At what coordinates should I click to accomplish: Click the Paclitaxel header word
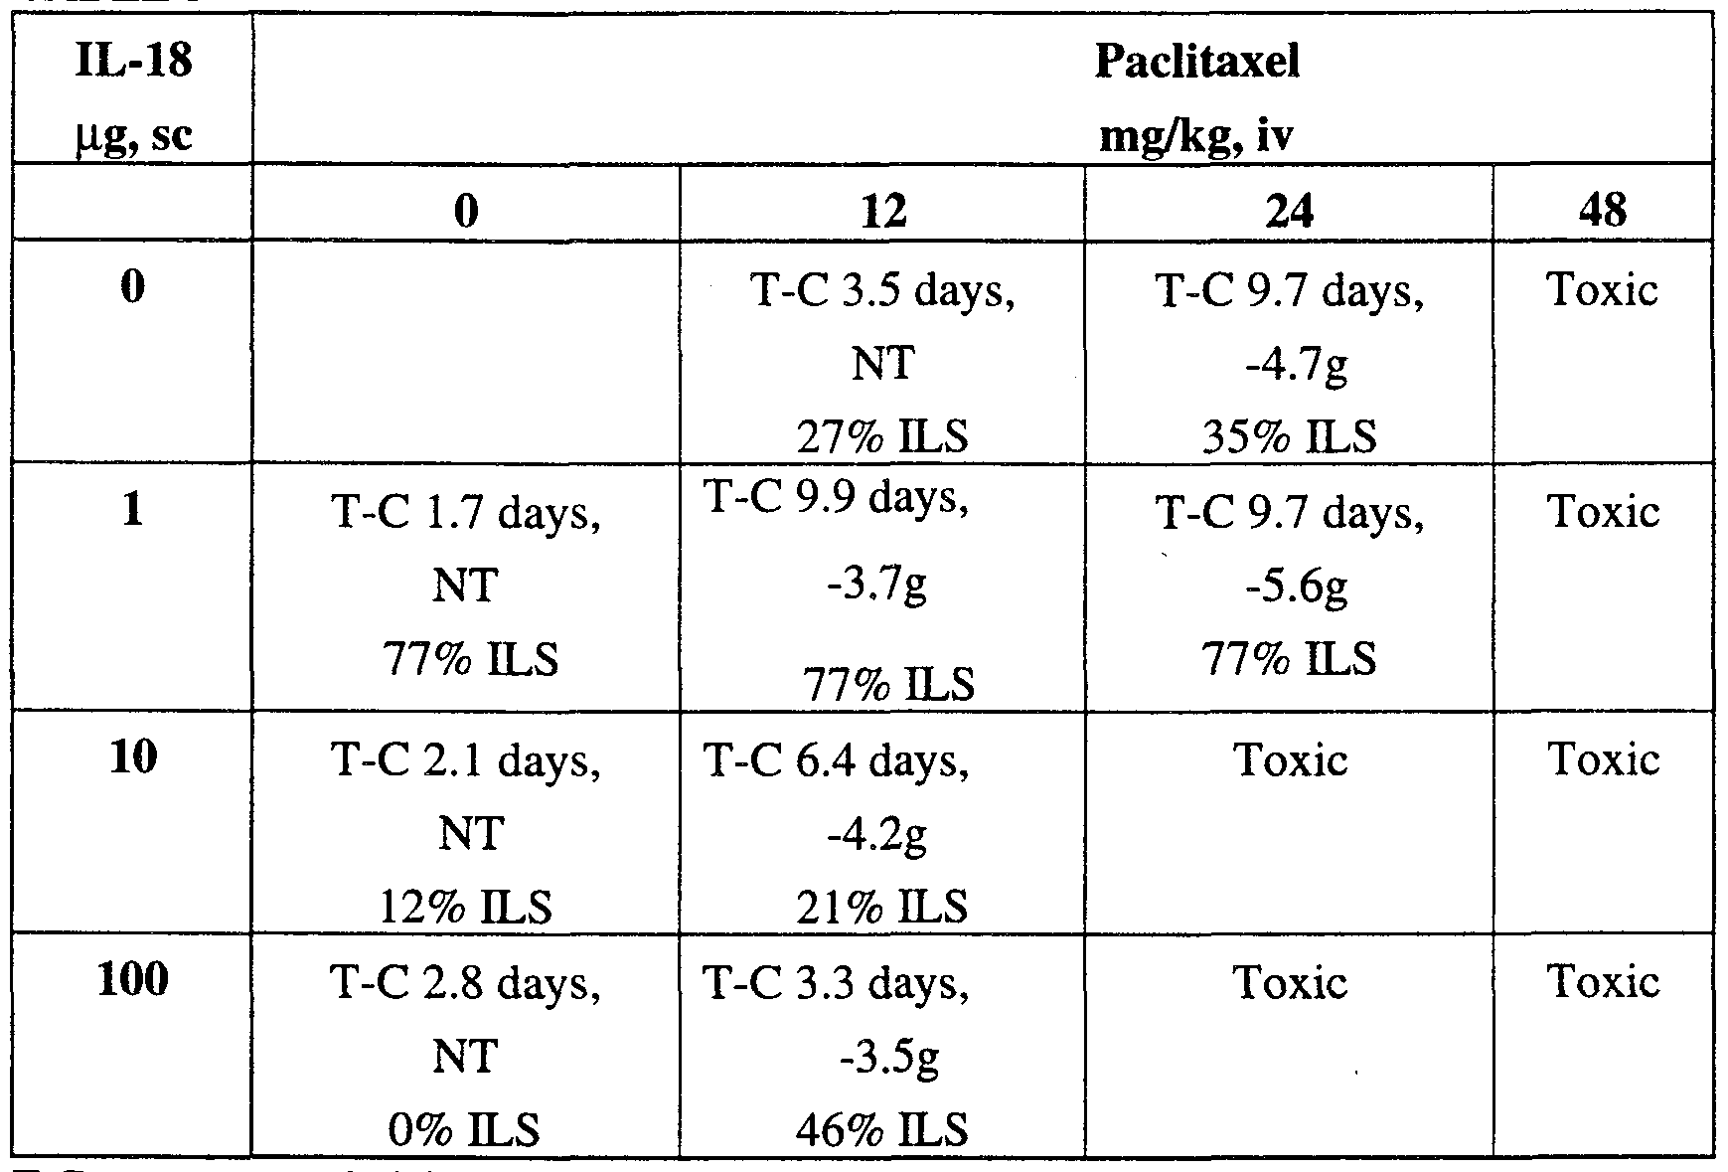(x=1196, y=63)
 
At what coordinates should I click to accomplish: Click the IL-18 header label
(x=132, y=63)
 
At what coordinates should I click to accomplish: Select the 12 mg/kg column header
(x=883, y=212)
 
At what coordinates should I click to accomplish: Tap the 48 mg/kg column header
(x=1602, y=212)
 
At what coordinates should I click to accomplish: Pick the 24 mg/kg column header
(x=1289, y=212)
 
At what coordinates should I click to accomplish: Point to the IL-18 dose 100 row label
(x=132, y=980)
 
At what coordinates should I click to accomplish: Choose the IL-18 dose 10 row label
(x=132, y=758)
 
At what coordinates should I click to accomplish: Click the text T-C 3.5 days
(x=883, y=291)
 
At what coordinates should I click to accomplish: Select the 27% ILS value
(x=883, y=437)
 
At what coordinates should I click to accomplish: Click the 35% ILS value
(x=1289, y=437)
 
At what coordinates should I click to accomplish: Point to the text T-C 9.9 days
(x=836, y=498)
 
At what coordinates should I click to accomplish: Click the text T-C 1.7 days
(x=465, y=514)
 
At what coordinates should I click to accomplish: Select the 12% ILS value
(x=465, y=907)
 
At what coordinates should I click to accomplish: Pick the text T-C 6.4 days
(x=836, y=761)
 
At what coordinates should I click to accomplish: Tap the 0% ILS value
(x=465, y=1129)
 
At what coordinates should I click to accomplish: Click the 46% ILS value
(x=883, y=1129)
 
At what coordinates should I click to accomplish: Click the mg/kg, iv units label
(x=1196, y=135)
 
